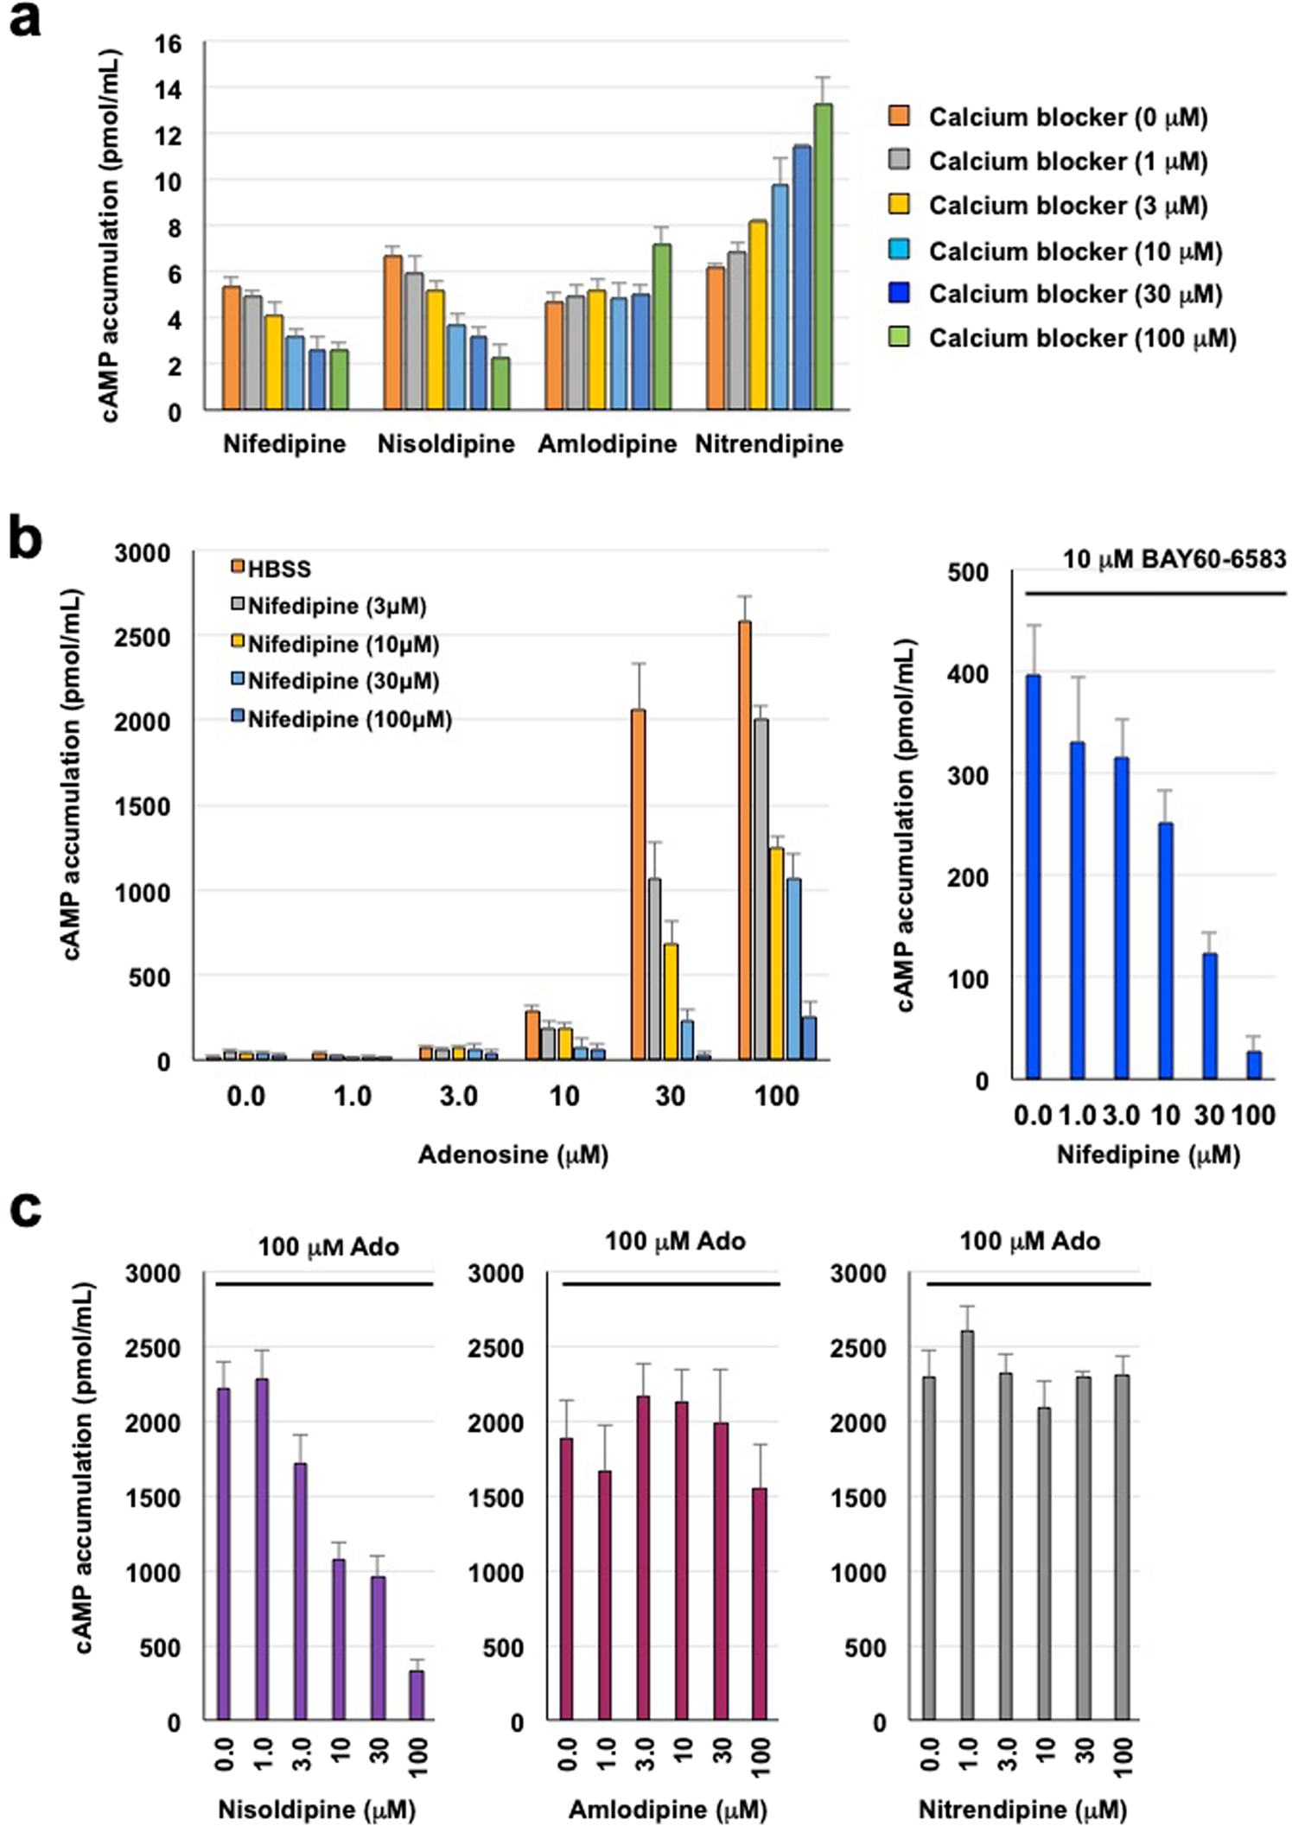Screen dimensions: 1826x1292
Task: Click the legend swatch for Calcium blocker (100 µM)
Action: [899, 337]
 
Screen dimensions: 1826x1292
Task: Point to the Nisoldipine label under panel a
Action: [446, 444]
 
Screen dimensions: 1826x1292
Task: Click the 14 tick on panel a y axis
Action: [169, 89]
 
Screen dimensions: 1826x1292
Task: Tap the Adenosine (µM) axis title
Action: [513, 1155]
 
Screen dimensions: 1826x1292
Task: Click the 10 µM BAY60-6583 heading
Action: [1174, 560]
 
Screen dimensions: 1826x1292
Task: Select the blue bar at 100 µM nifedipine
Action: [1254, 1065]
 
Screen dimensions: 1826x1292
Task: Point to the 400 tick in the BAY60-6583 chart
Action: [971, 673]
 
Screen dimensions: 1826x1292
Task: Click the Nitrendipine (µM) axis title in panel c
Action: [1022, 1810]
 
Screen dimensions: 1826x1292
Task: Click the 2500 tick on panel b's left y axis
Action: [143, 637]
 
